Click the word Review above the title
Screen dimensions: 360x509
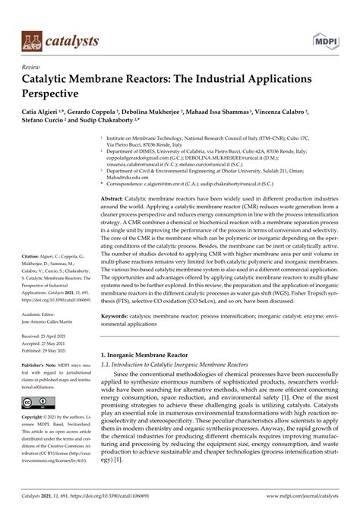point(32,67)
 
